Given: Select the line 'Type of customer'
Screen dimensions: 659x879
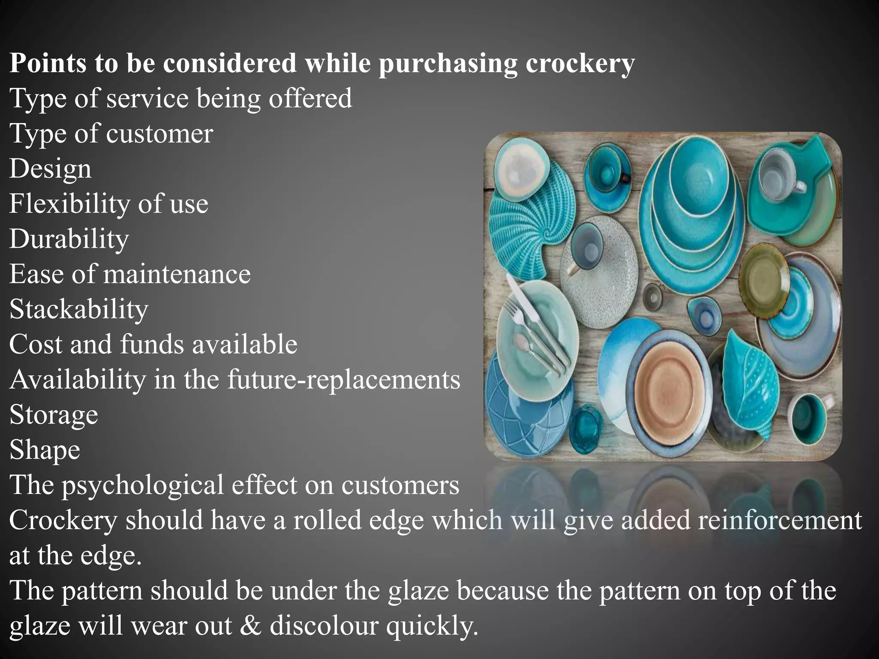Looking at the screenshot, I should (x=111, y=133).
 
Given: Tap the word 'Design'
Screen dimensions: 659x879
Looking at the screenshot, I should (x=50, y=169).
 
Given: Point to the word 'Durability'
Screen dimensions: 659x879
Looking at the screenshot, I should (x=69, y=239).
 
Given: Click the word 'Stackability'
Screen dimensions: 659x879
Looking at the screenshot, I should (x=79, y=309).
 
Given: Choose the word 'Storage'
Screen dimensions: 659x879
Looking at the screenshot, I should (x=54, y=415).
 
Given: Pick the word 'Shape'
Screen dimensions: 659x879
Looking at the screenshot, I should (x=45, y=450).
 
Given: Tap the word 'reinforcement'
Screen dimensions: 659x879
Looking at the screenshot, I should (x=779, y=520).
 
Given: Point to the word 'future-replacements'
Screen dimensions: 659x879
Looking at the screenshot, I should (x=344, y=380).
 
